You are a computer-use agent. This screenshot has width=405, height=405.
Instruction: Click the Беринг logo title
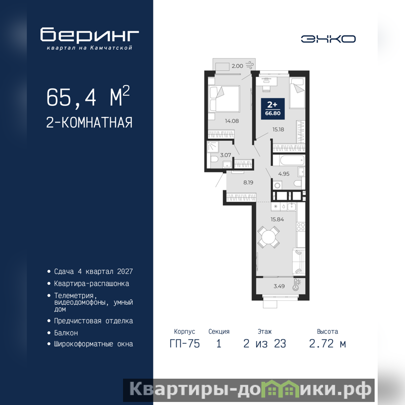pos(90,34)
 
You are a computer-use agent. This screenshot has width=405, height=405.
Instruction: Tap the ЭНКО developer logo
pos(328,39)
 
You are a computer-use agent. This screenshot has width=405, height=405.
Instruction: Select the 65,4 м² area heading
pos(88,97)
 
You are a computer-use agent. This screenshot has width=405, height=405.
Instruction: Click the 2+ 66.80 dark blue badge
pos(273,108)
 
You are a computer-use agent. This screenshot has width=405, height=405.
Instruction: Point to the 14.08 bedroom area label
pos(232,121)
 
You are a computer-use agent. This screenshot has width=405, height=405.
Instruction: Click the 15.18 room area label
pos(278,130)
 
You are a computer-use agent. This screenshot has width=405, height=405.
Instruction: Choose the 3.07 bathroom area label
pos(225,155)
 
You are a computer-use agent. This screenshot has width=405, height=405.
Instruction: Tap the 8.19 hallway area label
pos(248,182)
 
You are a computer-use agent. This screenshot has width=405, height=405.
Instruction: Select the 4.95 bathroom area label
pos(283,174)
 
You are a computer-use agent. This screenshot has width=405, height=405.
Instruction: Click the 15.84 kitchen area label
pos(277,219)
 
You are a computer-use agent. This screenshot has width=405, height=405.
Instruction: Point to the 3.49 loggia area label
pos(279,286)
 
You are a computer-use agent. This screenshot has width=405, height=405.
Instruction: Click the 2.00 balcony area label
pos(237,66)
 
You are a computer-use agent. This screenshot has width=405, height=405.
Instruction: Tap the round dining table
pos(269,237)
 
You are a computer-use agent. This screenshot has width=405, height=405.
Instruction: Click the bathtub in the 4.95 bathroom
pos(289,160)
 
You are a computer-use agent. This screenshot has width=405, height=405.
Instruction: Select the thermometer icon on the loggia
pos(296,285)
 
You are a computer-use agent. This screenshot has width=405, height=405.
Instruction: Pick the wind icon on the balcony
pos(250,65)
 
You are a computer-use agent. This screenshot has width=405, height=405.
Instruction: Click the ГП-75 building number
pos(185,344)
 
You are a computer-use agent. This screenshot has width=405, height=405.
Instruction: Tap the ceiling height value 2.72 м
pos(328,344)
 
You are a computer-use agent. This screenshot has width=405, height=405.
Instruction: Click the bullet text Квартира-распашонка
pos(92,283)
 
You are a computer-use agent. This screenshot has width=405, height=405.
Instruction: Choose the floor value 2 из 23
pos(265,344)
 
